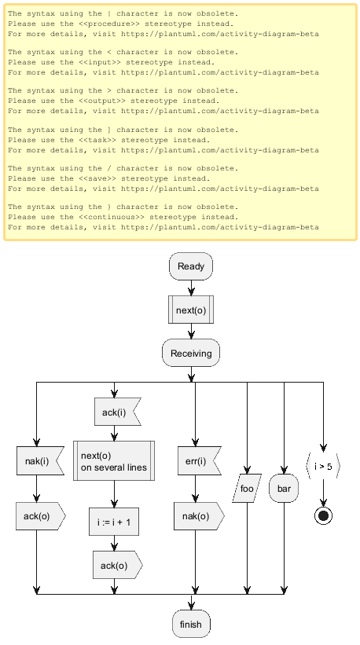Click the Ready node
pyautogui.click(x=191, y=266)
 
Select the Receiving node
pyautogui.click(x=191, y=353)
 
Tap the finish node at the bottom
pyautogui.click(x=191, y=624)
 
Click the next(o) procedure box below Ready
pyautogui.click(x=191, y=310)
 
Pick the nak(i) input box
pyautogui.click(x=40, y=460)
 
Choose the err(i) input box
pyautogui.click(x=199, y=460)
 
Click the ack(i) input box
pyautogui.click(x=118, y=412)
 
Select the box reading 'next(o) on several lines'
pyautogui.click(x=114, y=460)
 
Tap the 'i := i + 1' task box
pyautogui.click(x=114, y=522)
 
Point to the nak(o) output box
pyautogui.click(x=199, y=516)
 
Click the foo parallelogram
pyautogui.click(x=247, y=489)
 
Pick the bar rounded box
pyautogui.click(x=284, y=489)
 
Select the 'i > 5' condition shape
pyautogui.click(x=323, y=467)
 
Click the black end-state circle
pyautogui.click(x=323, y=516)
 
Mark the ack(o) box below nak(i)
pyautogui.click(x=41, y=516)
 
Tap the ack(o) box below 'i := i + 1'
pyautogui.click(x=118, y=566)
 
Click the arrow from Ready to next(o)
pyautogui.click(x=191, y=288)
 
